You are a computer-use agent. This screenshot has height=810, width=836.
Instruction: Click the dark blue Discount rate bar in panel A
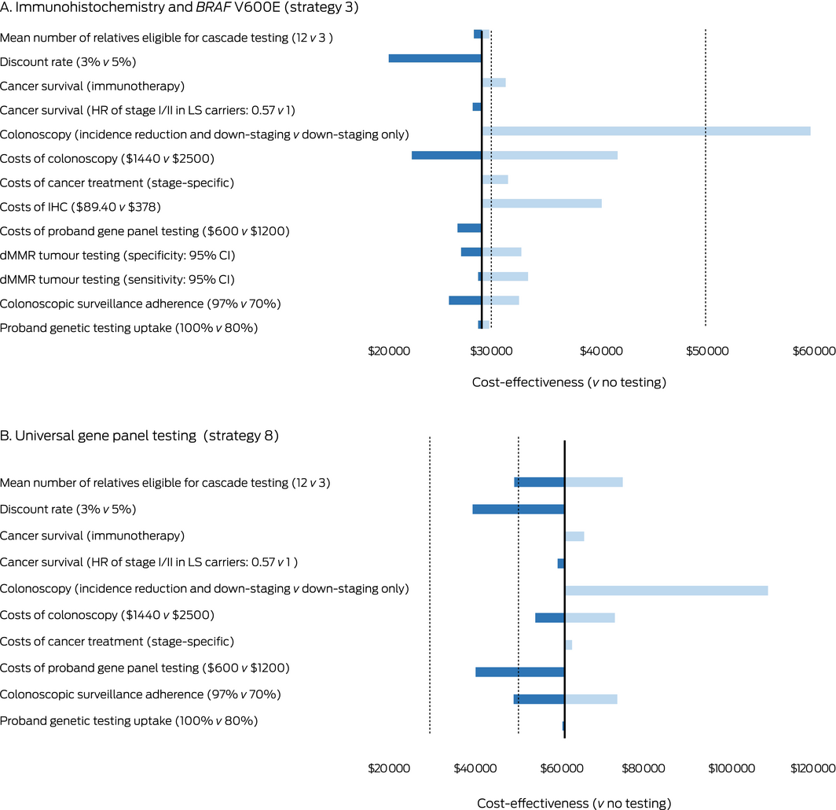434,58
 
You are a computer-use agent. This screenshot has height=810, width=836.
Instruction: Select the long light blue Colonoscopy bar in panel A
646,131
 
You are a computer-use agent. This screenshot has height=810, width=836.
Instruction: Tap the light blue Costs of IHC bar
541,204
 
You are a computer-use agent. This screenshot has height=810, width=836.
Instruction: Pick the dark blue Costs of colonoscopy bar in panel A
446,155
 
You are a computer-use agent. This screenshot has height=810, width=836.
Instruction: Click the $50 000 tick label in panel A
705,351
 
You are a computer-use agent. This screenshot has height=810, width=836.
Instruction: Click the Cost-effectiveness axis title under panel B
574,803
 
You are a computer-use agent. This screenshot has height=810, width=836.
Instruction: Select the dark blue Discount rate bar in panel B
519,509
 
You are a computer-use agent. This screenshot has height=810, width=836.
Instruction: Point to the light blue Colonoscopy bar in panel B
666,590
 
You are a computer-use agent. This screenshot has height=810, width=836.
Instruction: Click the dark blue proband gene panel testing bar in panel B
520,672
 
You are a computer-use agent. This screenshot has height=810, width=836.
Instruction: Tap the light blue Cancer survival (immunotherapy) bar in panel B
574,536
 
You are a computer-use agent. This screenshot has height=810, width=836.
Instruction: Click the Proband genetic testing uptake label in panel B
129,720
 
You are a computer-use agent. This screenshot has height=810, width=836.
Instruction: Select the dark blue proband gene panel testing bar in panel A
469,228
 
